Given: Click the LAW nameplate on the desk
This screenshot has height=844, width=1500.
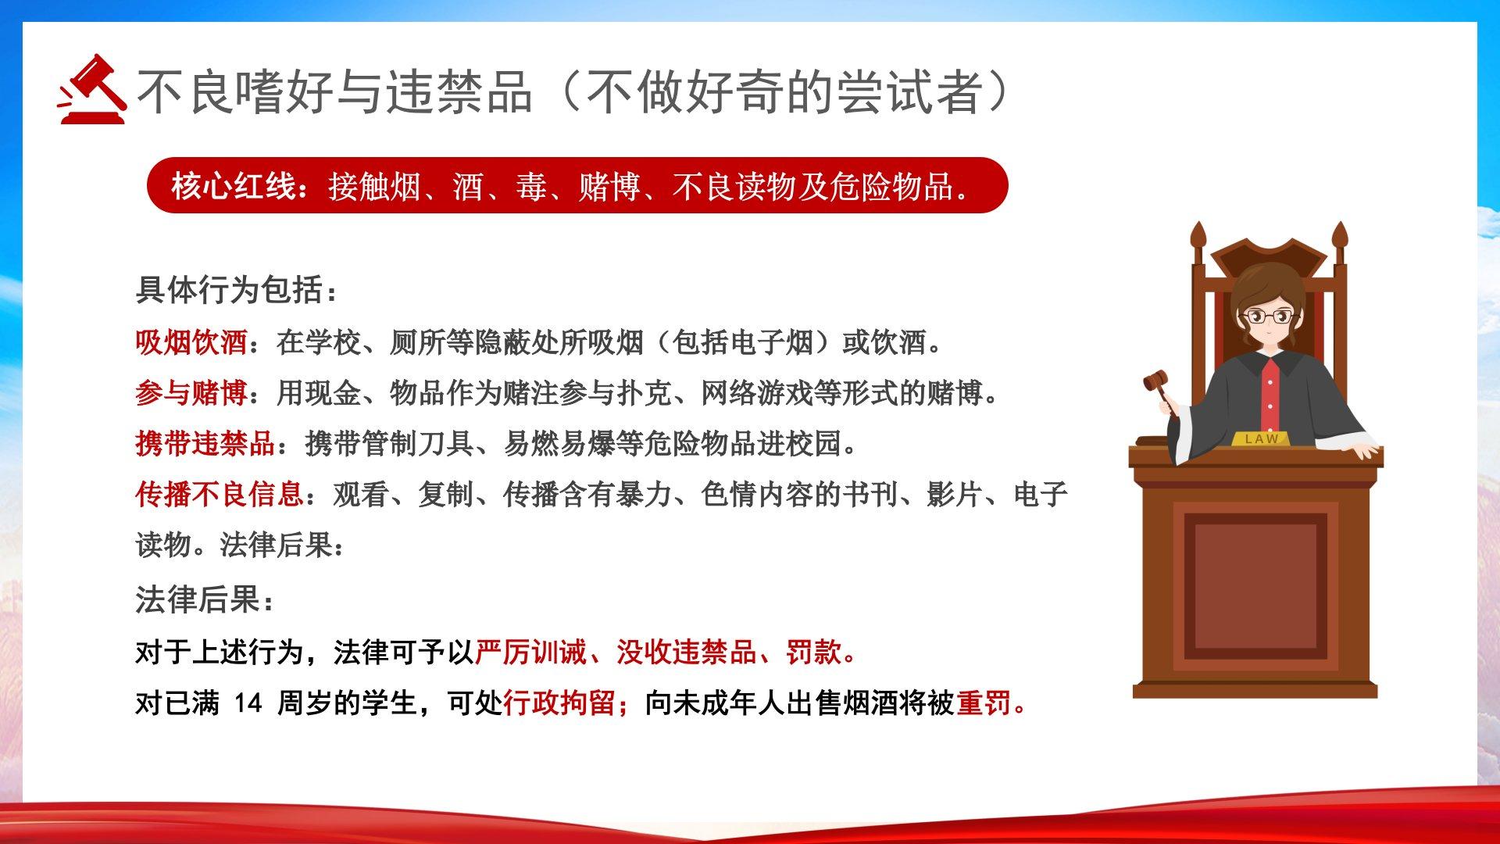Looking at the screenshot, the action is pyautogui.click(x=1262, y=438).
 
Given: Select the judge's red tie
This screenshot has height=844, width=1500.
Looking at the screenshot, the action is pyautogui.click(x=1271, y=398).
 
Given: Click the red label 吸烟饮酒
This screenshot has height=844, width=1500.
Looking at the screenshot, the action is pyautogui.click(x=191, y=342).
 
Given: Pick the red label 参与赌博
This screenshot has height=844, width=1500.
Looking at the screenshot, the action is pyautogui.click(x=191, y=393).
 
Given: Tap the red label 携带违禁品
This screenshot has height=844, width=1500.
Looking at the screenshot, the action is pyautogui.click(x=205, y=444).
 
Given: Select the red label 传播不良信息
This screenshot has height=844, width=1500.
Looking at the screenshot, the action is pyautogui.click(x=220, y=494).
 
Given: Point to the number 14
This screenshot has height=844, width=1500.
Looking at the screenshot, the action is pyautogui.click(x=248, y=703).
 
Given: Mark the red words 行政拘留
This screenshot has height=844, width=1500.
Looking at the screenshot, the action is pyautogui.click(x=559, y=703).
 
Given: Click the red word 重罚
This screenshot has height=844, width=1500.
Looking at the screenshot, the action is pyautogui.click(x=984, y=703).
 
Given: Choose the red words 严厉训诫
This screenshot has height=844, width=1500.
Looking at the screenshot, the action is pyautogui.click(x=531, y=652).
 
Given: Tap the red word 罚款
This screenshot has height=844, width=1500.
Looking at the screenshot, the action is pyautogui.click(x=813, y=652).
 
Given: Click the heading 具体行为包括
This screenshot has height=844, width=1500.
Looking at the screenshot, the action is pyautogui.click(x=230, y=290).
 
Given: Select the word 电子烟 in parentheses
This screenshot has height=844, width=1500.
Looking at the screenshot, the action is pyautogui.click(x=771, y=342).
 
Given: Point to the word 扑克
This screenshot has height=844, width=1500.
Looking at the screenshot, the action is pyautogui.click(x=644, y=393).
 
